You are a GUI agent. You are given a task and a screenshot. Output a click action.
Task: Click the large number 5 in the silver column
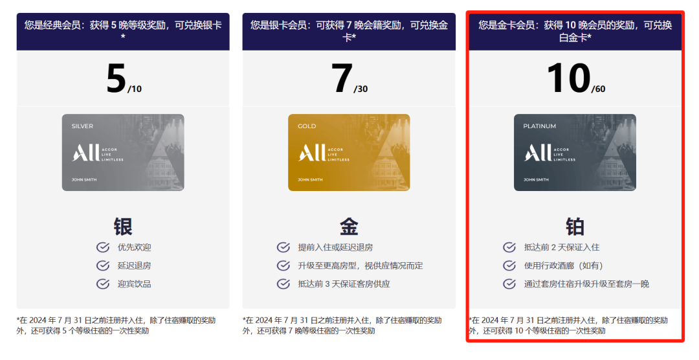click(x=116, y=78)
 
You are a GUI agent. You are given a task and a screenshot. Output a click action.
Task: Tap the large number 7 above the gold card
click(x=342, y=78)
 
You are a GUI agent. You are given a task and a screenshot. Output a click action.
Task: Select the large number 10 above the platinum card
click(x=568, y=78)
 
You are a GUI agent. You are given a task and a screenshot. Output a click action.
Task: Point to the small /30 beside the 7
click(x=361, y=89)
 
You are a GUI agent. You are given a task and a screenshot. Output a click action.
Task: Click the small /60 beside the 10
click(x=598, y=89)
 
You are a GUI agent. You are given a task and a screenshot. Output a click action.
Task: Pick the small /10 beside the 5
click(x=135, y=89)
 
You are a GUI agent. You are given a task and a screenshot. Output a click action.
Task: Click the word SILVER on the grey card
click(x=82, y=126)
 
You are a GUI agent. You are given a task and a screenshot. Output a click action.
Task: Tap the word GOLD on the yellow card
click(x=307, y=126)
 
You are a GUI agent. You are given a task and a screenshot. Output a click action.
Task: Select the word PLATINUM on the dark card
click(x=539, y=126)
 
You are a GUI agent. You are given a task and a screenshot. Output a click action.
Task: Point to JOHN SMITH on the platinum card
click(x=536, y=180)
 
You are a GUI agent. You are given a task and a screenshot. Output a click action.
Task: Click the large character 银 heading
click(x=123, y=227)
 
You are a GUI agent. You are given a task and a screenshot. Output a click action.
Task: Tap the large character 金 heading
click(x=349, y=227)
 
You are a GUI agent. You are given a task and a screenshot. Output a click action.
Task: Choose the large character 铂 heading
click(x=575, y=227)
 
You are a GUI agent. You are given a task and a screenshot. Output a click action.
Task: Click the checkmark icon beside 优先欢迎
click(x=103, y=247)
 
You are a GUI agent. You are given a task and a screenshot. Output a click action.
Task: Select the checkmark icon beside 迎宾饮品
click(x=103, y=284)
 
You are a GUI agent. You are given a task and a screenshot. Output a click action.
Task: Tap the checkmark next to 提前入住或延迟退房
click(x=283, y=247)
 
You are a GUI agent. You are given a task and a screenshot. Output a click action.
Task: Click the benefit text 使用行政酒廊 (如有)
click(x=564, y=265)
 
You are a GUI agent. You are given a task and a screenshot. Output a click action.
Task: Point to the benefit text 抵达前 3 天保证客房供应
click(x=344, y=284)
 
